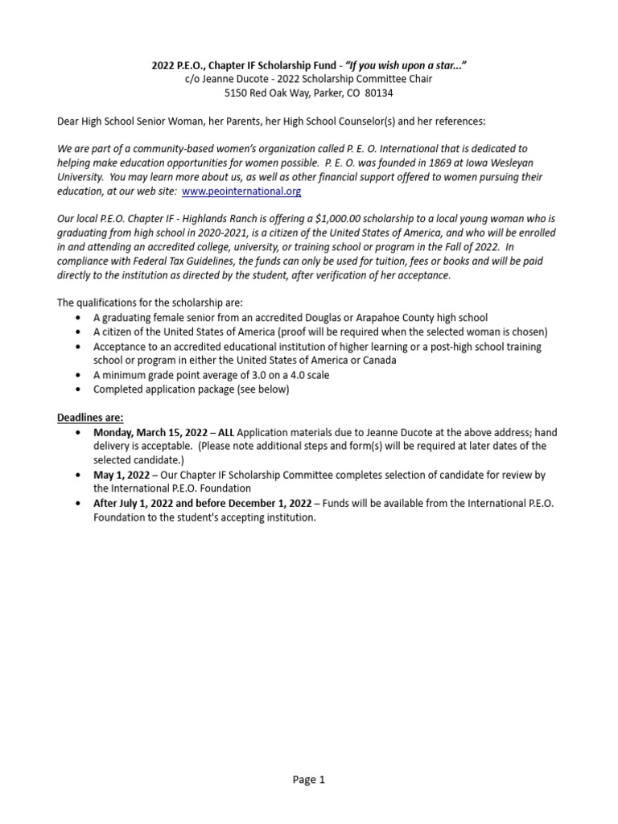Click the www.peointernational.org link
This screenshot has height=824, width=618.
click(241, 192)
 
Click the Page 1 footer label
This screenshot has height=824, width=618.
click(309, 779)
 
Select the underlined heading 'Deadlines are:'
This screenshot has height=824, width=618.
click(90, 417)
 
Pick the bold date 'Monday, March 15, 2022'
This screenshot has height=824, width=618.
click(150, 432)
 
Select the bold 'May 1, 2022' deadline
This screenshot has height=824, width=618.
click(122, 475)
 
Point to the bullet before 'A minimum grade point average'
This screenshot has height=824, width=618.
click(76, 375)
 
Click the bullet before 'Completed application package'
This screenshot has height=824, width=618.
click(76, 389)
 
